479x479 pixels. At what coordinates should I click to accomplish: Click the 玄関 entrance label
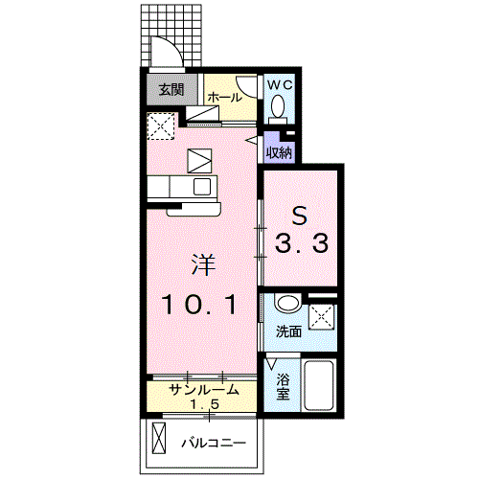(171, 91)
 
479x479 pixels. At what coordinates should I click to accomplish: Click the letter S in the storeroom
(299, 213)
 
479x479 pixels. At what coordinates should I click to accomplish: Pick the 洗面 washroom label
(288, 332)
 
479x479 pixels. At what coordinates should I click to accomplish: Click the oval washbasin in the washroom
(286, 306)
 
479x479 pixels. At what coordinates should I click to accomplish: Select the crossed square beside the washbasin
(322, 315)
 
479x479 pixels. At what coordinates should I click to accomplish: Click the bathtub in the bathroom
(317, 388)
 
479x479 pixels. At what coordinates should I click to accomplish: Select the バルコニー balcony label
(215, 444)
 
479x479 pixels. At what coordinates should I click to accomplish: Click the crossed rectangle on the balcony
(158, 442)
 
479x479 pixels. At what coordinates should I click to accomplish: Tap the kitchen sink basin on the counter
(203, 186)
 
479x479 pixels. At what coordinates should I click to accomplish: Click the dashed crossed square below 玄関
(161, 125)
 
